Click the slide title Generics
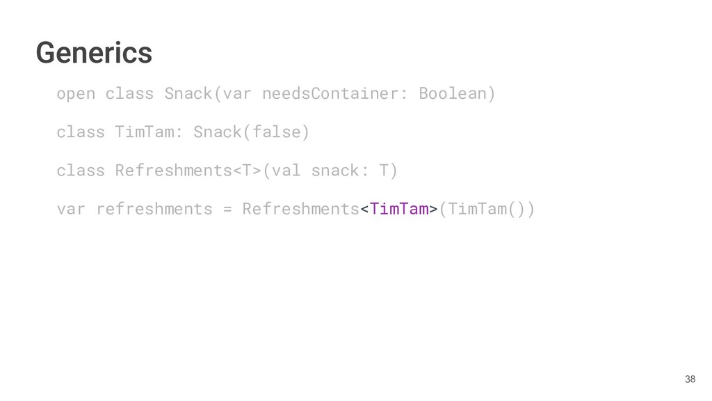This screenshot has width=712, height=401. pyautogui.click(x=94, y=52)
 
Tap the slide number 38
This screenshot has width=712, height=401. pyautogui.click(x=690, y=379)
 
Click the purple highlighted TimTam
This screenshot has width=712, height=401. pyautogui.click(x=399, y=208)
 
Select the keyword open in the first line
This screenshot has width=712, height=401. pyautogui.click(x=76, y=93)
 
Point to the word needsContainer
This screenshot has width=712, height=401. pyautogui.click(x=330, y=93)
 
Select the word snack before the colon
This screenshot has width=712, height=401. pyautogui.click(x=335, y=170)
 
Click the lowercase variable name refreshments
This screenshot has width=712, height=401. pyautogui.click(x=154, y=208)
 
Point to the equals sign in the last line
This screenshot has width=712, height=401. pyautogui.click(x=227, y=208)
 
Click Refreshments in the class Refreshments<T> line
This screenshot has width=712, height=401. pyautogui.click(x=174, y=170)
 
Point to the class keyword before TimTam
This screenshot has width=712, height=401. pyautogui.click(x=81, y=132)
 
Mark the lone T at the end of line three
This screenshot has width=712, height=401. pyautogui.click(x=385, y=170)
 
